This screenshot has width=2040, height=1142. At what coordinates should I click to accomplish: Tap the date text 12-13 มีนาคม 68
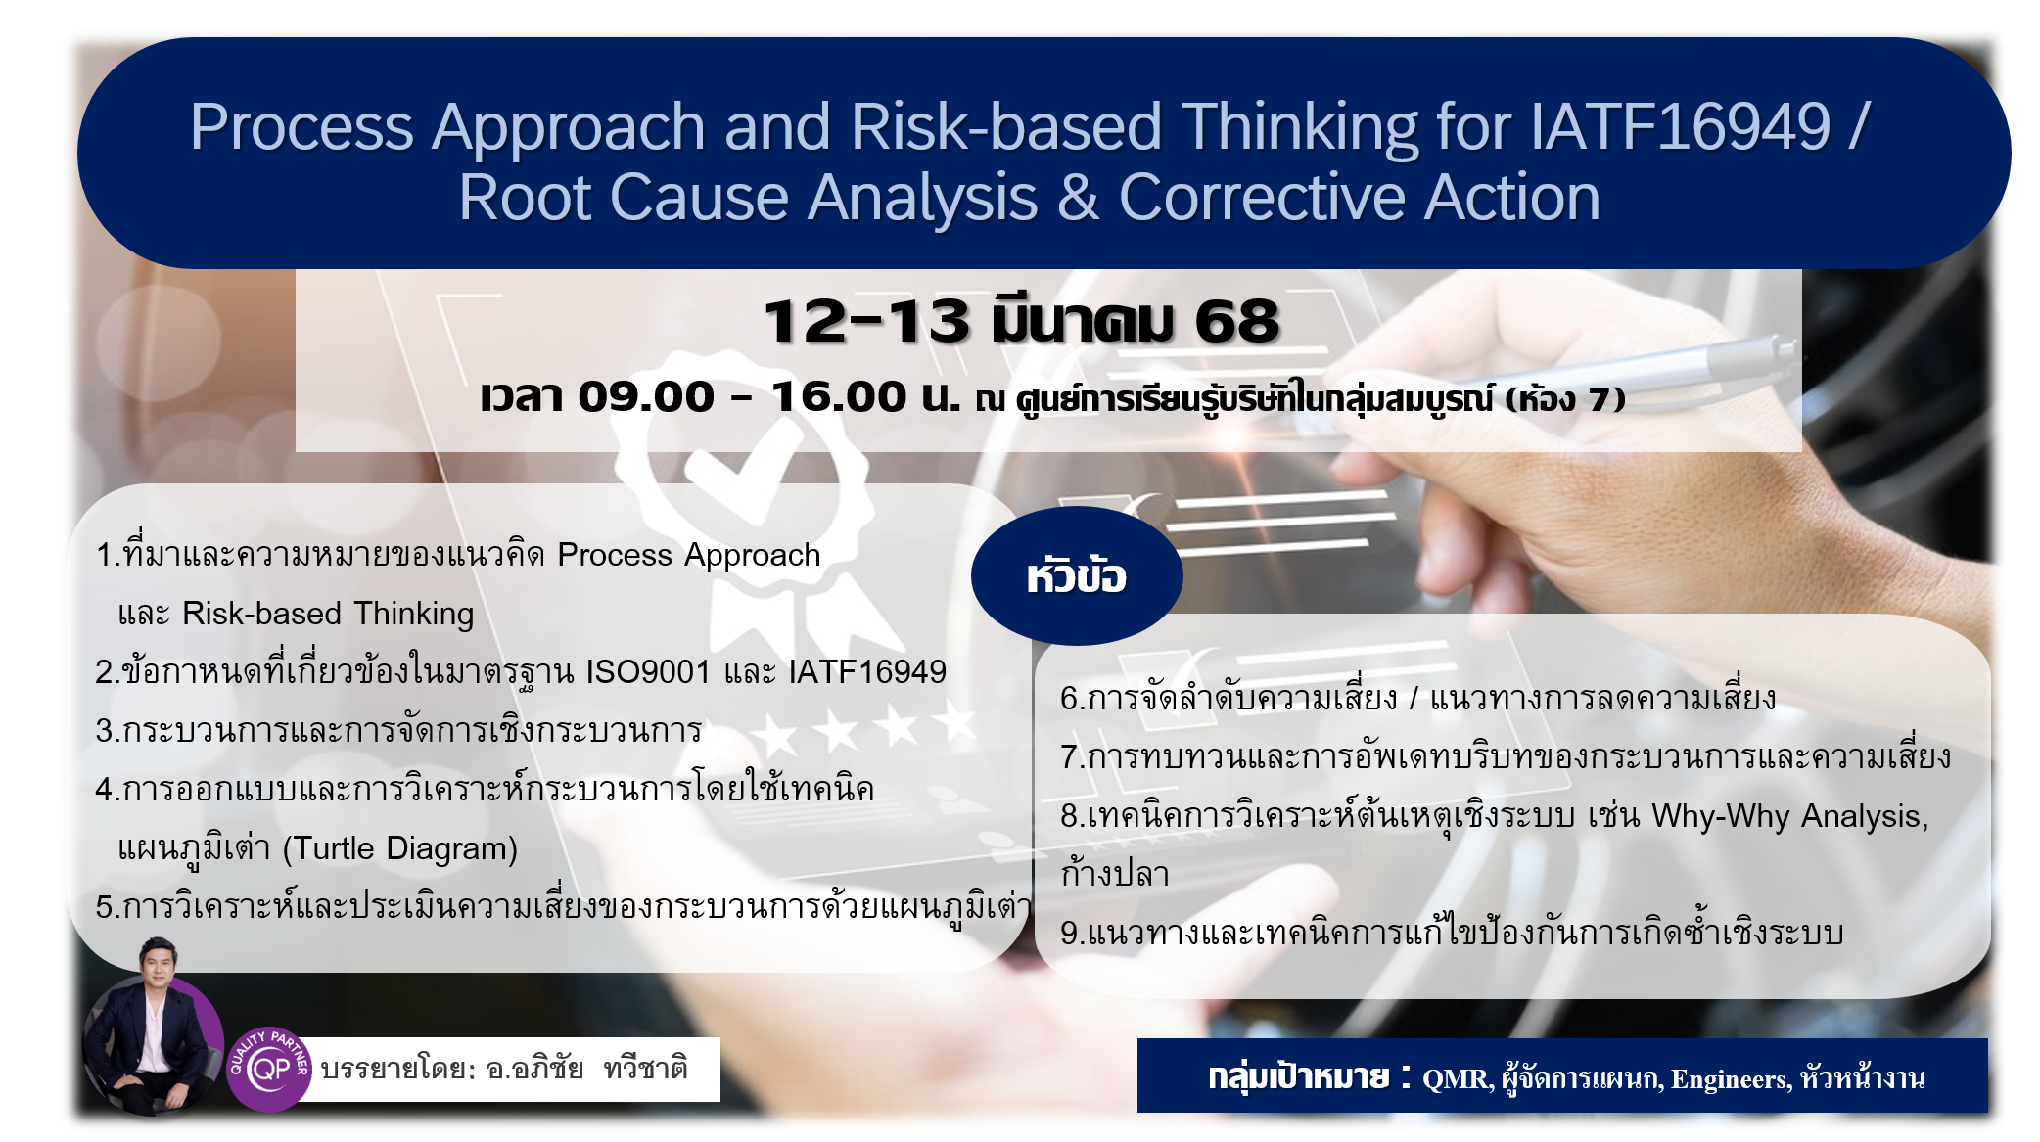1021,321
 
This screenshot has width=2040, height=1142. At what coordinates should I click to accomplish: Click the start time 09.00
646,396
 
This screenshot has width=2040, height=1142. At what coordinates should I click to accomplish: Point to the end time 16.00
839,396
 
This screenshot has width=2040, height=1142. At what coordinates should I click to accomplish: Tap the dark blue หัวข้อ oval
1077,575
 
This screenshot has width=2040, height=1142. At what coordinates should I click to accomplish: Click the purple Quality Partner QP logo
269,1069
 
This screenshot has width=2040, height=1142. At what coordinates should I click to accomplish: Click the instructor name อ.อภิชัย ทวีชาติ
586,1068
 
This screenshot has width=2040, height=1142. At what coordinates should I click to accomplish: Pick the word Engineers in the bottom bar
1731,1079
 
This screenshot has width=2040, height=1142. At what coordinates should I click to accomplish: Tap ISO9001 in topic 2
648,672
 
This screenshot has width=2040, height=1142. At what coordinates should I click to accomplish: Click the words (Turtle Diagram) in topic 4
399,848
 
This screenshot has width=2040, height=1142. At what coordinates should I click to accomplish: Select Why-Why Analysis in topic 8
1789,816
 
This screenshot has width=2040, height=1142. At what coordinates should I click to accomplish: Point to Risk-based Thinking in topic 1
328,614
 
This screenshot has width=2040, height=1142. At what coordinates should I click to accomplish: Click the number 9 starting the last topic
1069,933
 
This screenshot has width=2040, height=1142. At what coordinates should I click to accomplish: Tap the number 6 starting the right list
1069,699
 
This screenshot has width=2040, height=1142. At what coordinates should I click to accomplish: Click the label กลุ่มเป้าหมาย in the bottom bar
1298,1077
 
